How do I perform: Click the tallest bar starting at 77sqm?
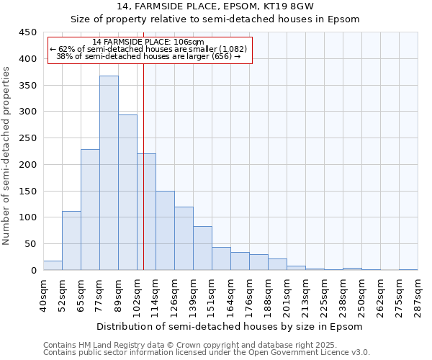click(109, 173)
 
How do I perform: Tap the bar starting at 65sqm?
click(90, 210)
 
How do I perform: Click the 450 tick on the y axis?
click(27, 32)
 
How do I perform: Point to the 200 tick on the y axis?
click(27, 165)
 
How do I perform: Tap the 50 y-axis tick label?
click(30, 244)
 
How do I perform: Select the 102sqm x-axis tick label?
click(137, 294)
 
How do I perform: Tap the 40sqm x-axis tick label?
click(43, 294)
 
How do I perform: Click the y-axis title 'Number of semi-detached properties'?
click(7, 155)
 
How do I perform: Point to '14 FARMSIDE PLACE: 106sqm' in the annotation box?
click(149, 42)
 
